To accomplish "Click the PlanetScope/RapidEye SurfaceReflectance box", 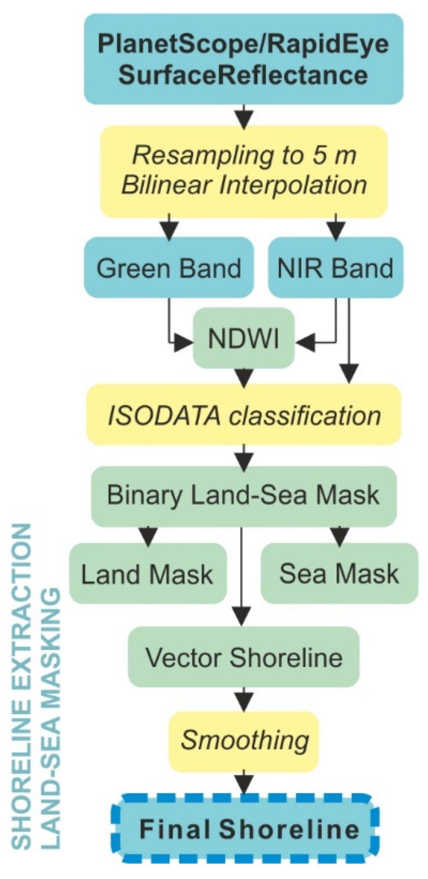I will click(x=244, y=59).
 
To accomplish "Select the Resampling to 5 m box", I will click(x=244, y=171).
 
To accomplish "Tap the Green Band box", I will click(x=168, y=268).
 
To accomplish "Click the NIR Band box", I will click(x=335, y=268).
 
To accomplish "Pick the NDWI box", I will click(x=244, y=338).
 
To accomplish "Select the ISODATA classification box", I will click(x=244, y=415).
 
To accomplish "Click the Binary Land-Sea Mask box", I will click(x=244, y=495).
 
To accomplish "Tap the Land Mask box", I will click(x=147, y=574).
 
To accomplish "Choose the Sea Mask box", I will click(x=339, y=573).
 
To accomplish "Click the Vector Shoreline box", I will click(x=244, y=657).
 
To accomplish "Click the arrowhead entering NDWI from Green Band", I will click(x=184, y=343).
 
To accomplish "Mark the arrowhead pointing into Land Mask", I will click(x=148, y=536).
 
